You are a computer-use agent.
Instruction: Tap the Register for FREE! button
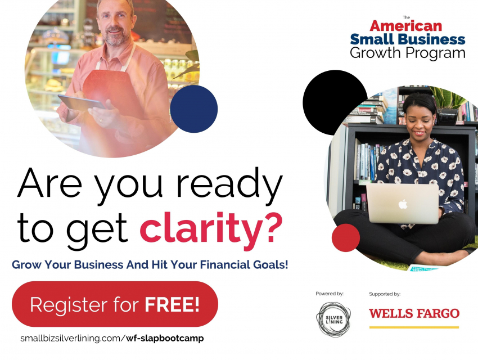[115, 304]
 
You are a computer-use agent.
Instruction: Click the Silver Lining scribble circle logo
[333, 319]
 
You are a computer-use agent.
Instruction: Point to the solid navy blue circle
[194, 109]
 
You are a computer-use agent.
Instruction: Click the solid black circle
[335, 102]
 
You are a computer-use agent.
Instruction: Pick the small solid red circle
[346, 238]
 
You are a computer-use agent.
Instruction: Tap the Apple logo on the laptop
[403, 204]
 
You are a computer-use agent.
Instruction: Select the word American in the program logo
[406, 26]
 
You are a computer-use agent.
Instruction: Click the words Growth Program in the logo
[408, 53]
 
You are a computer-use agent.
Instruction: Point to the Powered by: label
[330, 294]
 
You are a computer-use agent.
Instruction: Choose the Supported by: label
[385, 294]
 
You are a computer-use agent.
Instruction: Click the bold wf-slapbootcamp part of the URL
[165, 339]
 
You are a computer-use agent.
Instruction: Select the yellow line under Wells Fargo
[414, 327]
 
